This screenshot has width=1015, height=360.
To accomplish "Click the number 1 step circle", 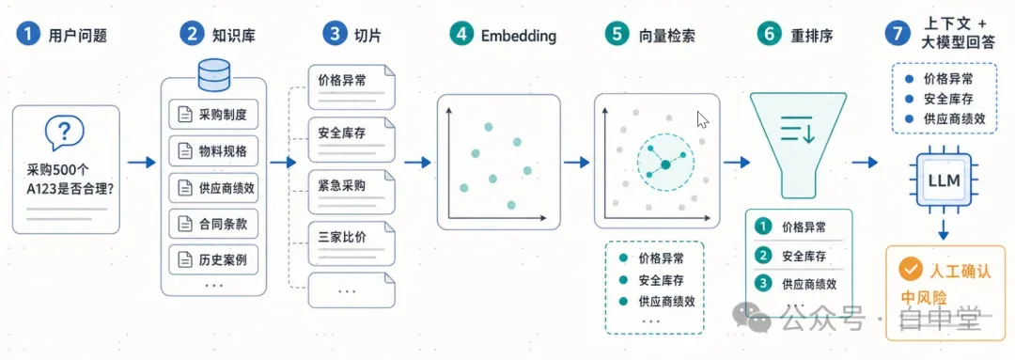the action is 28,35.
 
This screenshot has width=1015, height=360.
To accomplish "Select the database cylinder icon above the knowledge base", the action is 213,76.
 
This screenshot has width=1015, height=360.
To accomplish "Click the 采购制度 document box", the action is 213,116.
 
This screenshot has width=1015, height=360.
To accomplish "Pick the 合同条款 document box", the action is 213,225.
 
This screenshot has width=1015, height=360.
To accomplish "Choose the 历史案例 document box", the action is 213,261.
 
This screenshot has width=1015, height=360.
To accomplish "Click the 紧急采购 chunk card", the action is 351,191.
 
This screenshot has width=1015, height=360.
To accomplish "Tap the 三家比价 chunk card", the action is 351,243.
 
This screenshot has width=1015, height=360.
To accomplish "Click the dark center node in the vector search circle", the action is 664,165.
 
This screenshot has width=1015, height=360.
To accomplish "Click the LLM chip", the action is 944,180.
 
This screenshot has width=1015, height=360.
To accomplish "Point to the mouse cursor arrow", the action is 703,120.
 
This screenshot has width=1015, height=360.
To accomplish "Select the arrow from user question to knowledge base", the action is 142,162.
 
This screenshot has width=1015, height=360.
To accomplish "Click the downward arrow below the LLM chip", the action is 944,228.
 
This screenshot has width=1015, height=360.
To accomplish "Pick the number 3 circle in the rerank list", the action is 764,283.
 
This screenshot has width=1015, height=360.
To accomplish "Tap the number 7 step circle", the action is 898,35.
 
